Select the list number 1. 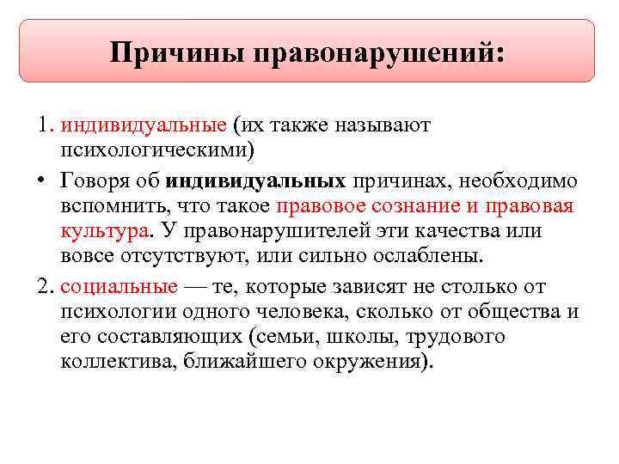click(44, 125)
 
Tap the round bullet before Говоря click(41, 182)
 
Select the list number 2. click(44, 286)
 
